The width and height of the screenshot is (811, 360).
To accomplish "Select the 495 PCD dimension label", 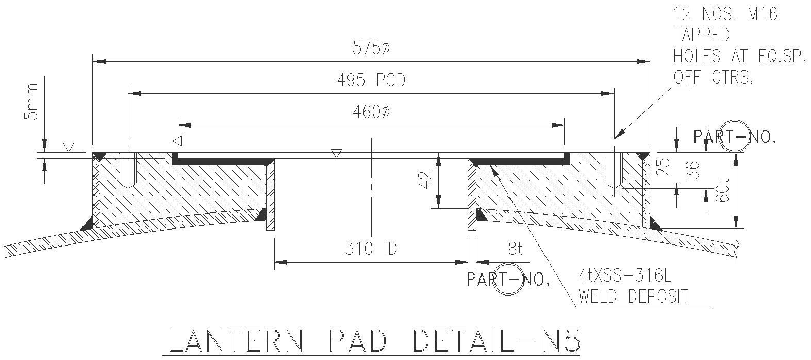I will click(371, 81).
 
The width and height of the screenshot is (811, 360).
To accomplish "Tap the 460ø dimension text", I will click(371, 112).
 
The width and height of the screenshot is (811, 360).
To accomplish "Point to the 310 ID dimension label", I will click(371, 250).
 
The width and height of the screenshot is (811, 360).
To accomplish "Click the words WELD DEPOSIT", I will click(633, 297).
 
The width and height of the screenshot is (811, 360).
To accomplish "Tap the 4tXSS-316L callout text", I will click(625, 277).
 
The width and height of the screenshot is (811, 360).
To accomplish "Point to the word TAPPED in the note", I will click(702, 35).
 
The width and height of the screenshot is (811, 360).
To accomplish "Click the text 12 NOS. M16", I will click(725, 14).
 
